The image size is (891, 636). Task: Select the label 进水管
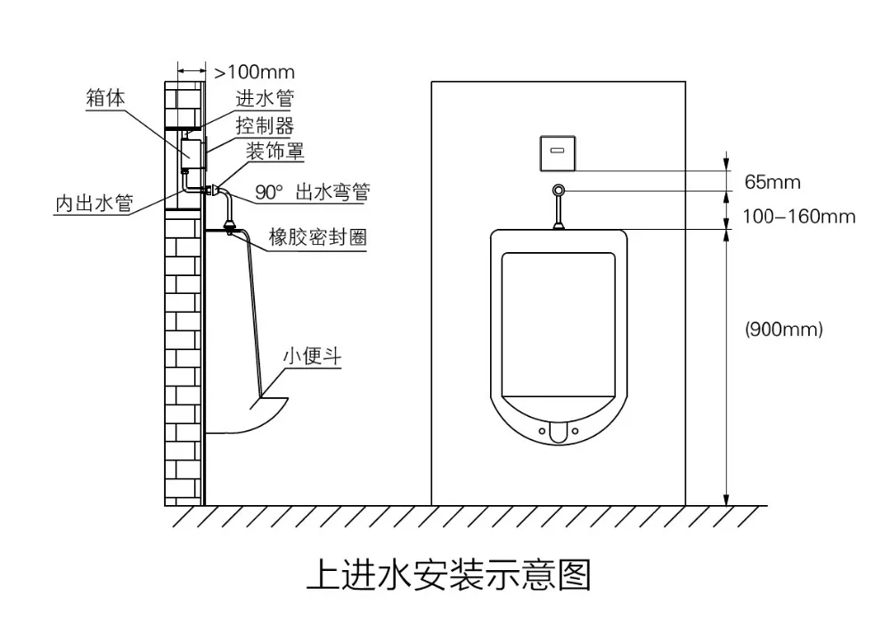point(265,98)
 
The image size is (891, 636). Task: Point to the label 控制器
point(265,125)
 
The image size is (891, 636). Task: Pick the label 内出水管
point(93,204)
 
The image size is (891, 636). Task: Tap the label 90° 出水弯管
point(313,192)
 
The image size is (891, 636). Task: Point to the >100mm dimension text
point(254,71)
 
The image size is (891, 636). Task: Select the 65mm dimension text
point(772,183)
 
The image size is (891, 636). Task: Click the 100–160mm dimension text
point(799,216)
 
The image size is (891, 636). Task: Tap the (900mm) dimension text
point(784,329)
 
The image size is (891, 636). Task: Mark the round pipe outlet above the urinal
point(559,191)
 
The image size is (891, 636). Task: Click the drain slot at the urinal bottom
point(559,432)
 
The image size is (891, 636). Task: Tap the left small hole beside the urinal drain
point(542,431)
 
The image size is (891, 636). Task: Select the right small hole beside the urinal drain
point(576,431)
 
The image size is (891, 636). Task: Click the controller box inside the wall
point(192,152)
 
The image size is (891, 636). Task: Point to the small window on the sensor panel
point(559,150)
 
